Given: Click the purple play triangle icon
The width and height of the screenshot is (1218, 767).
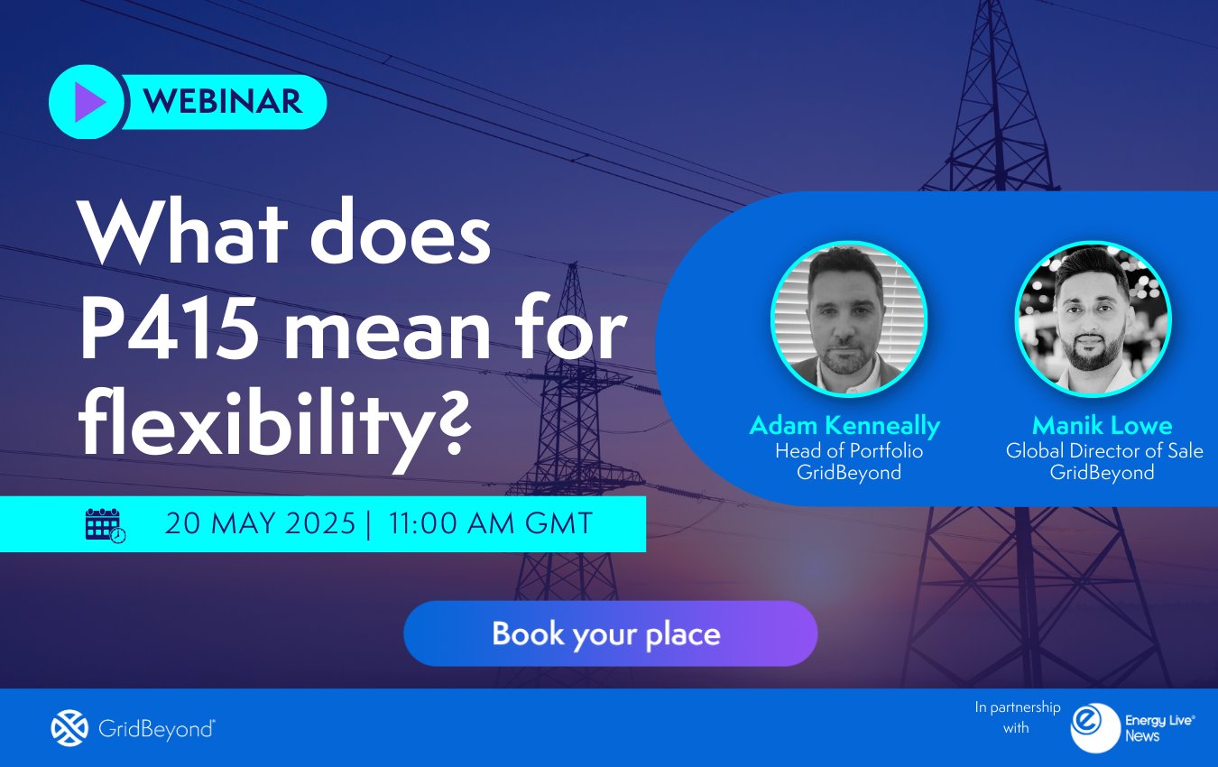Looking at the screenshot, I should coord(88,103).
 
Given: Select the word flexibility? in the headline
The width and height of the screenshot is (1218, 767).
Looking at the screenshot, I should coord(275,422).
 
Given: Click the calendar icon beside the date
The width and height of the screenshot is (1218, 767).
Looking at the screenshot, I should coord(105,524).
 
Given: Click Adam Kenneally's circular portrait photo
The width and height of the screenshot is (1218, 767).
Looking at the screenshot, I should coord(848,319).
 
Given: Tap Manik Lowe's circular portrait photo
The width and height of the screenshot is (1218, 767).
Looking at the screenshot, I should coord(1093,319).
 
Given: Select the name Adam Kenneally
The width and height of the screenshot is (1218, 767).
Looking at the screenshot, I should coord(844,425).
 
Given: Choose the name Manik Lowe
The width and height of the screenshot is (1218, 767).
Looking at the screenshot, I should coord(1102,425).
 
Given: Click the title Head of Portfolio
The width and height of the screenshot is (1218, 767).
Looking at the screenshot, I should coord(849,450).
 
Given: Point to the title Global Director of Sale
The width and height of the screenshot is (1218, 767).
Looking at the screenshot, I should coord(1104,450).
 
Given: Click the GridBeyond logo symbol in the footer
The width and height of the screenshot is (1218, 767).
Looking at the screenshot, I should coord(69,728).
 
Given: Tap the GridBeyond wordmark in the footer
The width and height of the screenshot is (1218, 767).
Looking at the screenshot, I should coord(155,728).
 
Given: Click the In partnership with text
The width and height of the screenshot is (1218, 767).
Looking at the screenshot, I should coord(1017,717).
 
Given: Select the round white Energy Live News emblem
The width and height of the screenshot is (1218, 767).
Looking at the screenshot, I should coord(1094,727).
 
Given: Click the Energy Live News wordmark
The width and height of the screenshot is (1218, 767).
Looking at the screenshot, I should coord(1158,727).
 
